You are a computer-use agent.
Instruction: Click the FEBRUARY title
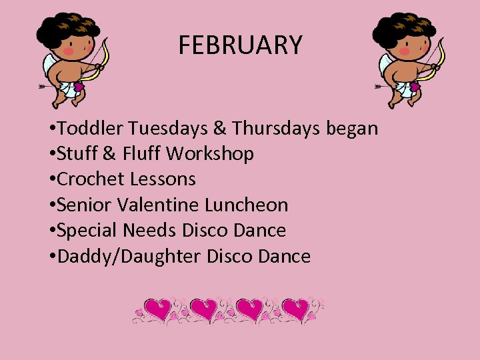coord(240,45)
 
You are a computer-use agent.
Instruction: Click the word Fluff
coord(141,154)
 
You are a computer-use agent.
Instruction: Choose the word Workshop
coord(210,154)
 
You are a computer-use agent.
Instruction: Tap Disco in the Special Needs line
coord(206,231)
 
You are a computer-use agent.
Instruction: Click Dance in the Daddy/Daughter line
coord(285,256)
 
